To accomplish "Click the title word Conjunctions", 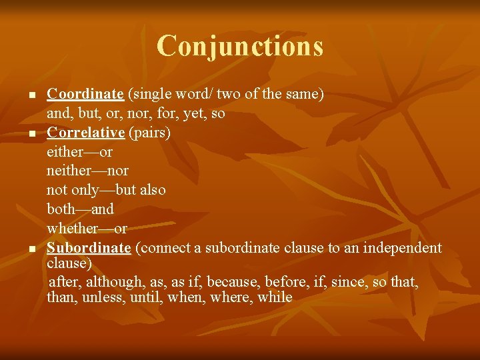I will (240, 46).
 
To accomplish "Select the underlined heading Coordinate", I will (85, 94).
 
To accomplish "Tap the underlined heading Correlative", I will (86, 132).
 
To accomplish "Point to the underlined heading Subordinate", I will (89, 248).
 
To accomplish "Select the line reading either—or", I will (79, 152).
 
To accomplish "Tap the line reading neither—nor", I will (87, 171).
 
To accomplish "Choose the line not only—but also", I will (106, 190).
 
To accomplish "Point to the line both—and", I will (80, 209).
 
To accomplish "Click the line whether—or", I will (87, 229).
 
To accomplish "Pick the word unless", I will (101, 297).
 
